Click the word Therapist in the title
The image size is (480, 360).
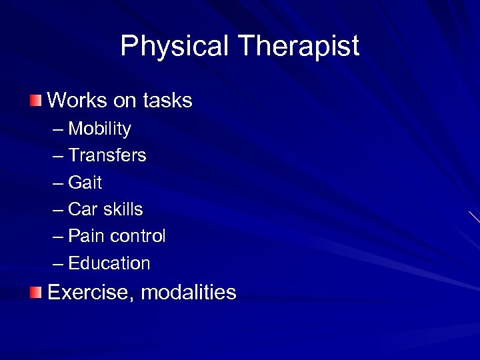click(x=298, y=47)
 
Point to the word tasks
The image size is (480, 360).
click(x=167, y=101)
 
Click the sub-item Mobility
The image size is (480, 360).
click(x=99, y=129)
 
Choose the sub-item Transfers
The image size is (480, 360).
click(x=107, y=155)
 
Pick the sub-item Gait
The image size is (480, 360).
click(x=85, y=182)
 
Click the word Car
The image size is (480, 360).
click(x=83, y=209)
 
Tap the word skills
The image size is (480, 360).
click(x=123, y=209)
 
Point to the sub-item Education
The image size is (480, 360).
click(x=109, y=263)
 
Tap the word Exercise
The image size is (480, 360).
click(x=90, y=292)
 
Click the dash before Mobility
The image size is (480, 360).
click(x=58, y=129)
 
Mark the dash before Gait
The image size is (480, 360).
click(x=58, y=183)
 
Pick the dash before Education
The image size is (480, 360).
click(x=58, y=263)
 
